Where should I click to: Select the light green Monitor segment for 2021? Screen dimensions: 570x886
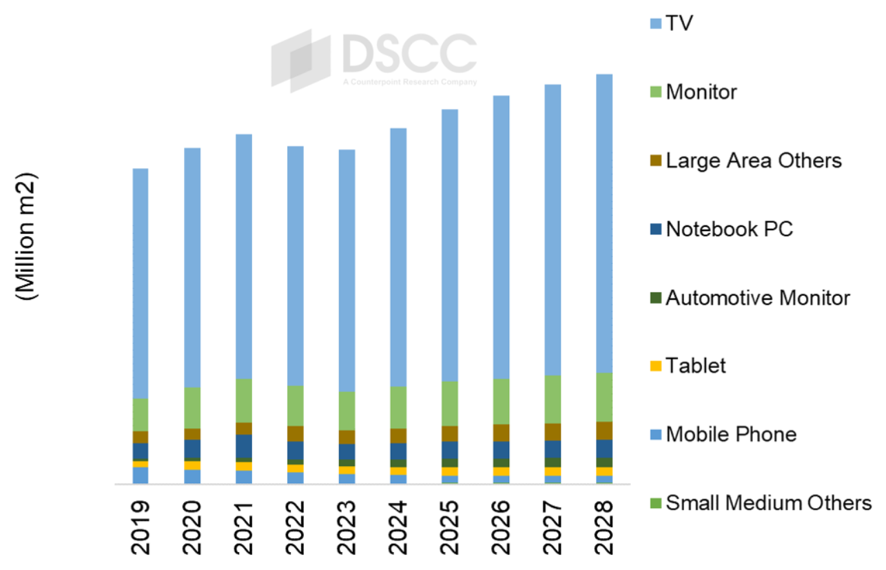pos(244,400)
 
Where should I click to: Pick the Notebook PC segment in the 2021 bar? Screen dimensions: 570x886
pos(244,446)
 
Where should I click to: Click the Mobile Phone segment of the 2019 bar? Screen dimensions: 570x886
pos(141,475)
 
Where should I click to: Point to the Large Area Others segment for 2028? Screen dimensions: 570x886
pos(604,430)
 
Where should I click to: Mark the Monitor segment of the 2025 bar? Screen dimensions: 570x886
pos(450,403)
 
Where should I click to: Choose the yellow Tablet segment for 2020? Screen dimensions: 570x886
pos(192,465)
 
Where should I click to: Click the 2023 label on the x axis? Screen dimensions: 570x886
pos(347,527)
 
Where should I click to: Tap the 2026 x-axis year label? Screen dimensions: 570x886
pos(502,527)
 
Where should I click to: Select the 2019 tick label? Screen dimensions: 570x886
pos(141,527)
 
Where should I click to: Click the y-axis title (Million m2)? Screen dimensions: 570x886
pos(28,235)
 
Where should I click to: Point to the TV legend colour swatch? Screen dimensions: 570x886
pos(655,23)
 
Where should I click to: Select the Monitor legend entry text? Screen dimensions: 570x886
pos(701,92)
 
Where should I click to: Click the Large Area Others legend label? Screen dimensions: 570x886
pos(754,161)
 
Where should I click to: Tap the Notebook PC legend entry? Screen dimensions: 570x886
pos(730,229)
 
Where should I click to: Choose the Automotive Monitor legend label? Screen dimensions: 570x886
pos(758,298)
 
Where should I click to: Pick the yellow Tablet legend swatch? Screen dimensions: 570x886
pos(655,366)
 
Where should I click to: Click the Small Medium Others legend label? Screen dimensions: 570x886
pos(768,503)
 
